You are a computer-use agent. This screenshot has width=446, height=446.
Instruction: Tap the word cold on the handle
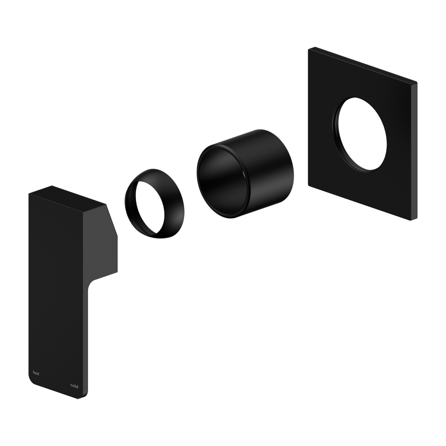point(74,386)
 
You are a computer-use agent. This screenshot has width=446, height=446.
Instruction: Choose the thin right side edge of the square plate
point(415,152)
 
